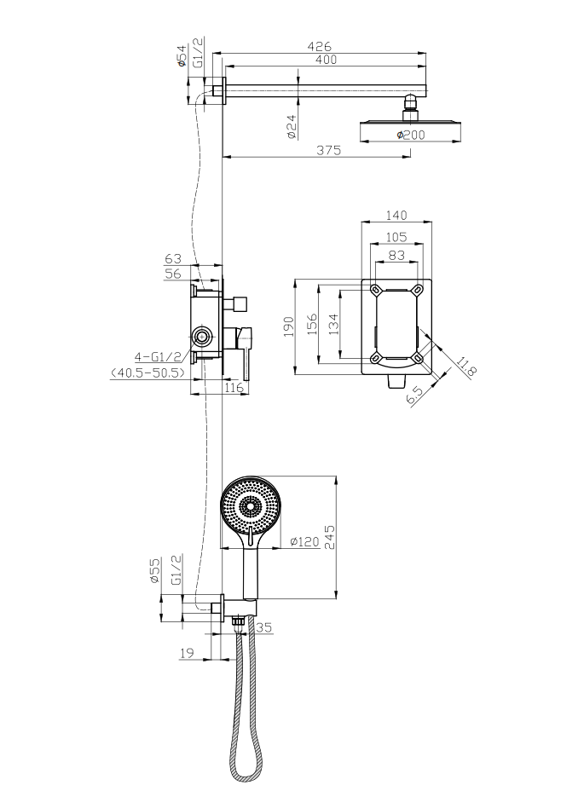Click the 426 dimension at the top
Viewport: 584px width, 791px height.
319,45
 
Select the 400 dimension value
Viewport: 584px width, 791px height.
325,60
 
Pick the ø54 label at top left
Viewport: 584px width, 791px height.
182,57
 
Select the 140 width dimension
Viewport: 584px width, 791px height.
396,215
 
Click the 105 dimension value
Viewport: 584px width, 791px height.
396,237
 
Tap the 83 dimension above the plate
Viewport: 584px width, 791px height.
396,254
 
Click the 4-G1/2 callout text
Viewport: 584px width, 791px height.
159,356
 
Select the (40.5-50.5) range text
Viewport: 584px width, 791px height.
148,372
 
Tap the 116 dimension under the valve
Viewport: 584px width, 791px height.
234,388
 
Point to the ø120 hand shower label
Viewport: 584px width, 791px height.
303,541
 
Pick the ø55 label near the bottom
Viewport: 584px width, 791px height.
156,570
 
